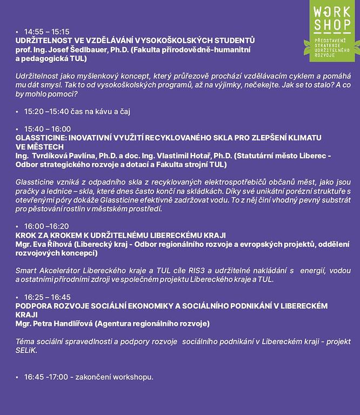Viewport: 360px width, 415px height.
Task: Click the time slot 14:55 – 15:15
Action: coord(46,32)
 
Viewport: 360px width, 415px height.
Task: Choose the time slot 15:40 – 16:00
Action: coord(48,129)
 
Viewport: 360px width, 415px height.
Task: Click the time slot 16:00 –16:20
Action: coord(46,225)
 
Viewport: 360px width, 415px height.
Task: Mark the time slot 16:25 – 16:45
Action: coord(48,297)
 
